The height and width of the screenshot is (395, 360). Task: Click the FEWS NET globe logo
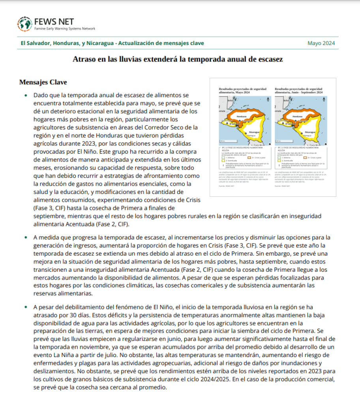click(x=24, y=24)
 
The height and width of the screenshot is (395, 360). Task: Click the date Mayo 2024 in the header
click(x=321, y=43)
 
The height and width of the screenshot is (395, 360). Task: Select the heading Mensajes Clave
click(x=43, y=82)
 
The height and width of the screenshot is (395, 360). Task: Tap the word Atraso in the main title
click(x=84, y=59)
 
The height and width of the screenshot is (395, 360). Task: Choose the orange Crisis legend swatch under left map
click(x=249, y=157)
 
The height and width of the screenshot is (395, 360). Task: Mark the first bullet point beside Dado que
click(x=26, y=96)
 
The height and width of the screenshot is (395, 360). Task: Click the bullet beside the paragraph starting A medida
click(x=26, y=237)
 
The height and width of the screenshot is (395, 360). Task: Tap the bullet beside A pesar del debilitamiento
click(x=26, y=307)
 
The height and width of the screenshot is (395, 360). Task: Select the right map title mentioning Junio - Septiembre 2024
click(x=298, y=91)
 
